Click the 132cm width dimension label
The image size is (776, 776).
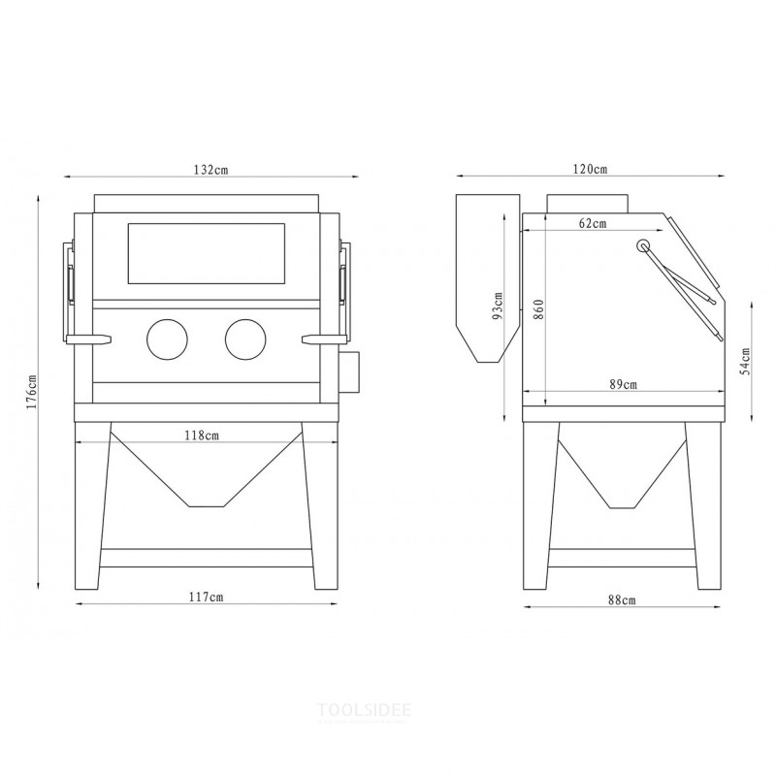[210, 169]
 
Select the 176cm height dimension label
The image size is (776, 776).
[31, 391]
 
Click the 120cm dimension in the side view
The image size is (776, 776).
[590, 169]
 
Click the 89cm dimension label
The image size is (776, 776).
[623, 384]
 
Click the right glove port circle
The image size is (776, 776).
[244, 339]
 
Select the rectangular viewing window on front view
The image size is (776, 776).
[206, 254]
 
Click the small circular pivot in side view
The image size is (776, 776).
[643, 245]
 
